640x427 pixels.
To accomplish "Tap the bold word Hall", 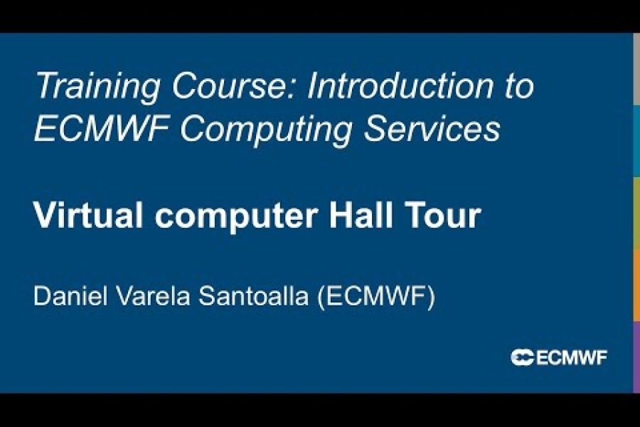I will (363, 216).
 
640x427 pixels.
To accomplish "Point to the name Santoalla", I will (250, 296).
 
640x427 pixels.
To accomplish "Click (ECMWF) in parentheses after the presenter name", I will (375, 297).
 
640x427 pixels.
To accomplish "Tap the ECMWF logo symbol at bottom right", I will (522, 357).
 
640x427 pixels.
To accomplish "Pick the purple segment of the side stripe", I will (636, 356).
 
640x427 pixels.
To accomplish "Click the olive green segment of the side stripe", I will (636, 212).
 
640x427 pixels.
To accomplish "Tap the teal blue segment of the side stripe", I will (636, 141).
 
